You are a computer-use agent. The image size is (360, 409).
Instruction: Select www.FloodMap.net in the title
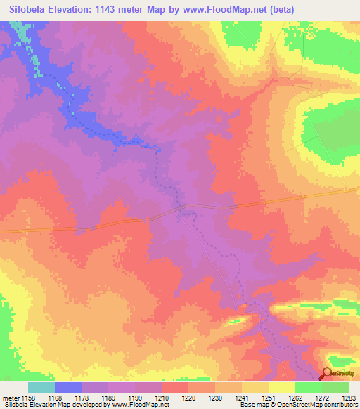pos(226,10)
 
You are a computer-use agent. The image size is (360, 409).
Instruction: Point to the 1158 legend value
pos(28,398)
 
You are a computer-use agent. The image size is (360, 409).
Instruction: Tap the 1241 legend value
pos(241,398)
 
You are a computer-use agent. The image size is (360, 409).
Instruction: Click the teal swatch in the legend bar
pos(41,387)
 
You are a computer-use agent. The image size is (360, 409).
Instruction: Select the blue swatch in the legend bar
pos(68,387)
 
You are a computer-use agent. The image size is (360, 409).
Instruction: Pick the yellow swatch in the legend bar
pos(281,387)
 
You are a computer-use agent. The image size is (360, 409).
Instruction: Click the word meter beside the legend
pos(10,398)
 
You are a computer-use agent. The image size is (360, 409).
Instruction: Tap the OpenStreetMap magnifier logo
pos(327,374)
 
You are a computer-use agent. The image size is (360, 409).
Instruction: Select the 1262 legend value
pos(295,398)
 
